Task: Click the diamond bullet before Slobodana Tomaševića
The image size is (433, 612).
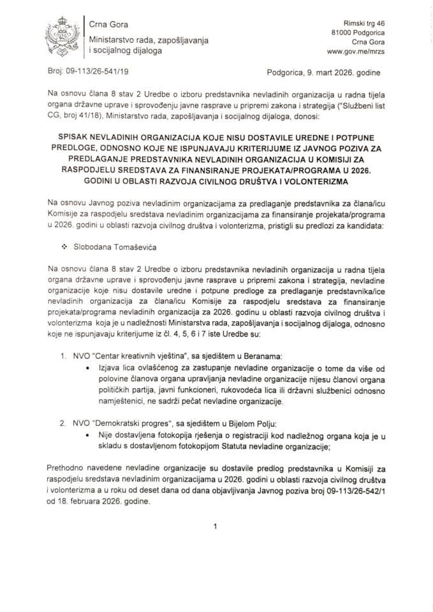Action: [x=64, y=244]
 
